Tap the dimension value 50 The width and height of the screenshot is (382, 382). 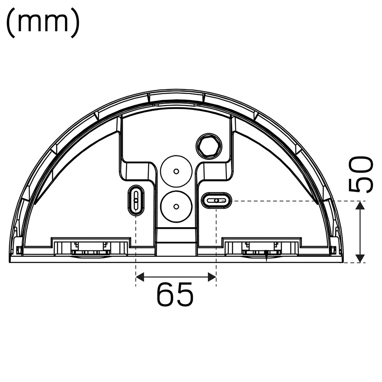pos(360,174)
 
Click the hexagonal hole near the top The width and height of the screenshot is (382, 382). pos(209,145)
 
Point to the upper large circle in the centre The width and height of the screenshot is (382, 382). pos(176,170)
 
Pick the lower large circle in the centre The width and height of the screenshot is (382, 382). pos(176,206)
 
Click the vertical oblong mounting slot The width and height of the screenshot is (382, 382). pos(136,200)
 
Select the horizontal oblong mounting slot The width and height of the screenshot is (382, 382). pos(216,200)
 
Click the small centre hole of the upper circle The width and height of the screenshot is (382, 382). pos(176,170)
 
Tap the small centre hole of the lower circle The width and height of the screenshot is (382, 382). pos(176,206)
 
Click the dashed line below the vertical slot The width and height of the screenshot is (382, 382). pos(136,246)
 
